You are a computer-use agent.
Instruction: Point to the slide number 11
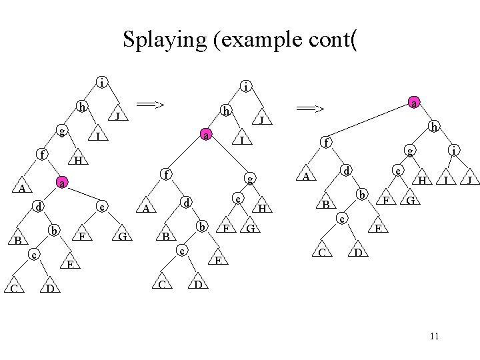[x=434, y=335]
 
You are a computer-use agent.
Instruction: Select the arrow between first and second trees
[x=150, y=104]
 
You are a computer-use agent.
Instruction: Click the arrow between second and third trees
[x=310, y=108]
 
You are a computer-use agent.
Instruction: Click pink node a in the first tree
[x=61, y=182]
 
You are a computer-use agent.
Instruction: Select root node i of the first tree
[x=101, y=83]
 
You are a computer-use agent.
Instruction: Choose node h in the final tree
[x=434, y=125]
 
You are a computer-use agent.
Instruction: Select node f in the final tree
[x=326, y=142]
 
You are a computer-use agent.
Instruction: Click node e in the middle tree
[x=237, y=199]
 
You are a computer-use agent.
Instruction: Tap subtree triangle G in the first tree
[x=122, y=236]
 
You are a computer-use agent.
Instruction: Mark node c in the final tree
[x=342, y=218]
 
